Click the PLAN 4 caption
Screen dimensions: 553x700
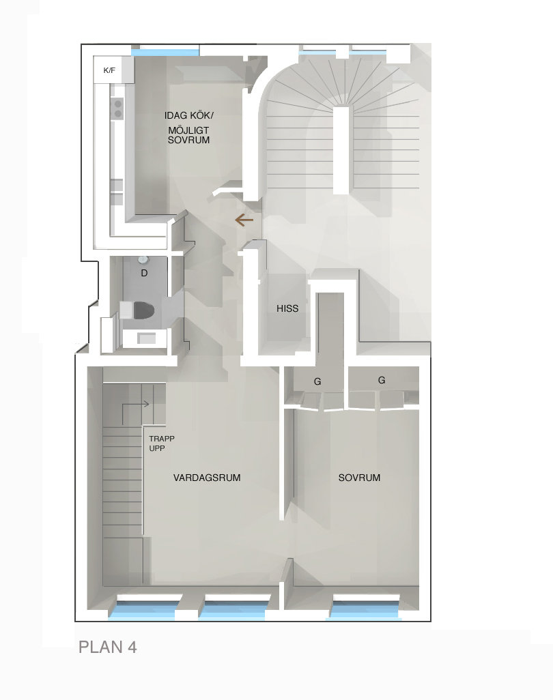(108, 647)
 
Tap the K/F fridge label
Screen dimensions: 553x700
(109, 70)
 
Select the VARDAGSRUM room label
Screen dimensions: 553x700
(207, 478)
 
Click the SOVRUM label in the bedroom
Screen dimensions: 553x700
(359, 478)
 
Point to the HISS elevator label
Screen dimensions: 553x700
(287, 308)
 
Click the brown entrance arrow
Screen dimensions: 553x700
(244, 220)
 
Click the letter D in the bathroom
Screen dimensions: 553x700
(144, 273)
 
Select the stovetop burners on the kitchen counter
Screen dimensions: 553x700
(118, 108)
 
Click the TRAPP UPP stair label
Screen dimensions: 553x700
(162, 443)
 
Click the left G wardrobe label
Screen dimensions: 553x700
(317, 381)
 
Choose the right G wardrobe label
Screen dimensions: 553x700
(382, 380)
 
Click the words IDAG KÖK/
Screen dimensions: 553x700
(189, 115)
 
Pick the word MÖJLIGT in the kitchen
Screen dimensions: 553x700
(188, 130)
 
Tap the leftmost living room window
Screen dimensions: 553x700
(145, 610)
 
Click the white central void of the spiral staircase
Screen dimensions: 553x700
(342, 149)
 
